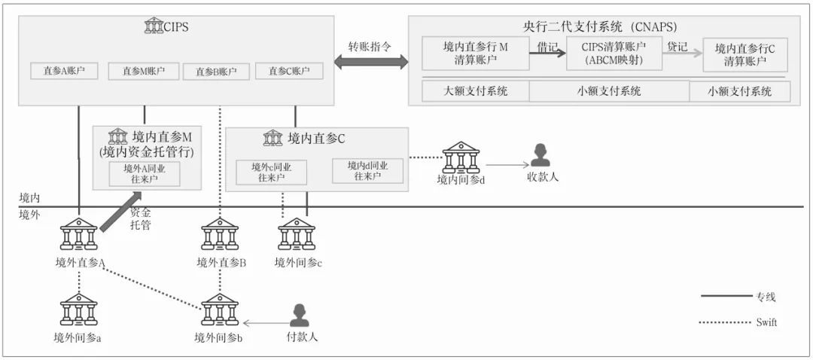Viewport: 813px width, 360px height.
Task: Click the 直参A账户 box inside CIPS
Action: click(64, 72)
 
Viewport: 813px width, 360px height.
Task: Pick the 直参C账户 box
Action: click(289, 72)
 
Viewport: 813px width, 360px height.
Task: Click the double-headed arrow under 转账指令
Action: click(369, 63)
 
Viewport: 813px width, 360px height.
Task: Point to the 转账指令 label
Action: click(369, 45)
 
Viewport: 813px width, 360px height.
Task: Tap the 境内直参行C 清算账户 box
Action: click(744, 55)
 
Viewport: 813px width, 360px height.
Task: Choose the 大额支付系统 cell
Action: click(475, 91)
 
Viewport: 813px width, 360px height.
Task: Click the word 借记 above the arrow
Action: click(547, 47)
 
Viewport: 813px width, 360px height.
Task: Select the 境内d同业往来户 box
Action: click(367, 171)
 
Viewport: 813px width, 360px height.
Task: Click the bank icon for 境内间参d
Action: click(460, 158)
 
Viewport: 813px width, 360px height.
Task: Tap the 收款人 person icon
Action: click(540, 156)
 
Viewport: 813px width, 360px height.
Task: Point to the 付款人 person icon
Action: click(300, 316)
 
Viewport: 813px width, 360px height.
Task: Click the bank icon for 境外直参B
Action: click(220, 236)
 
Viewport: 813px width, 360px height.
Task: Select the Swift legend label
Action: click(766, 322)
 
